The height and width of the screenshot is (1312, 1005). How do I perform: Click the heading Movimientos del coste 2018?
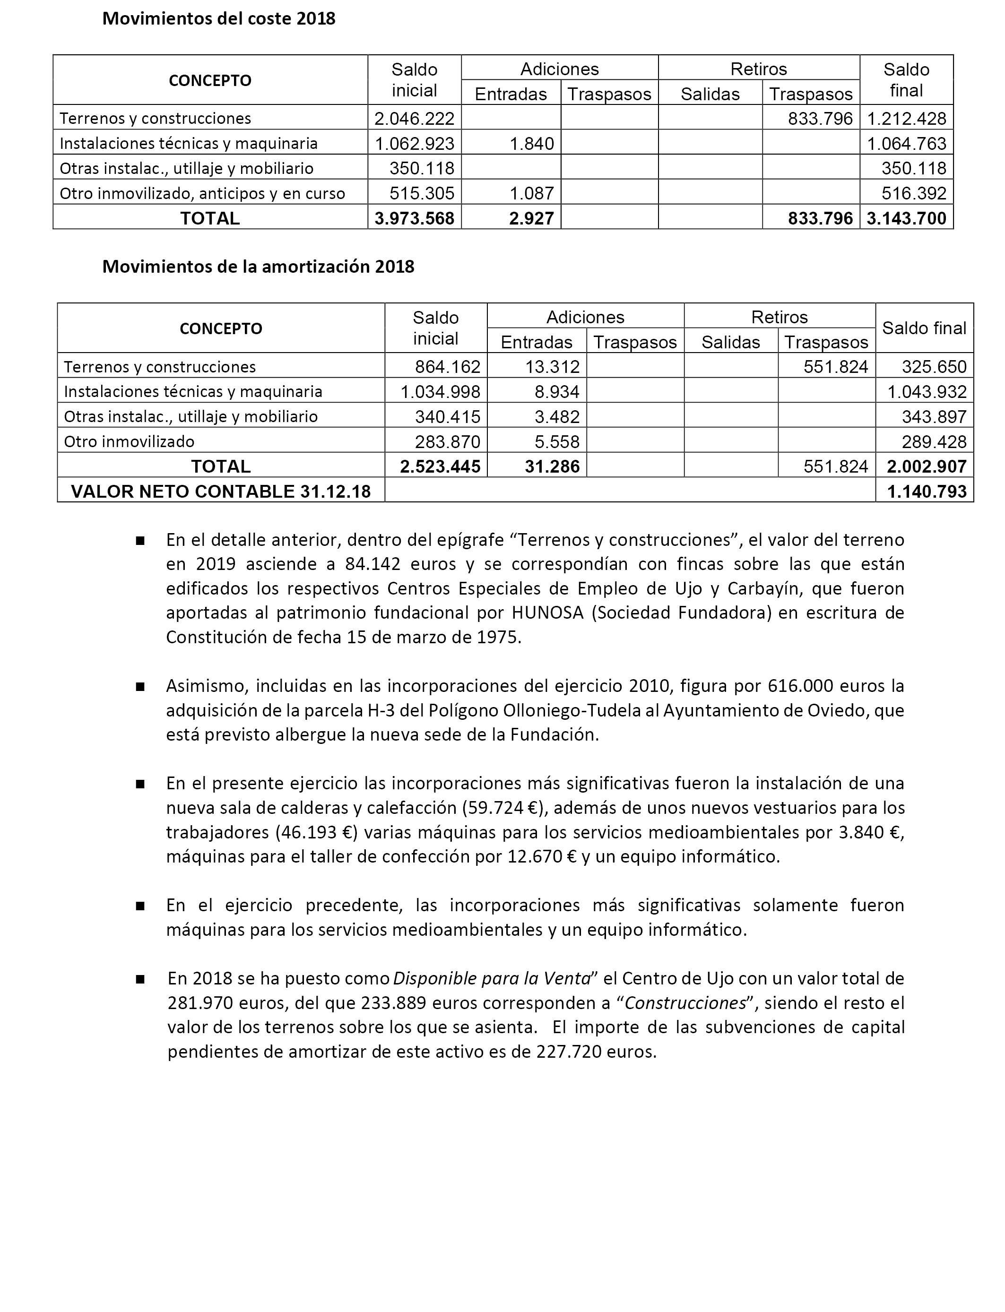pos(218,19)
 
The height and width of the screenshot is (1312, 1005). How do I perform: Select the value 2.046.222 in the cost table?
pos(414,119)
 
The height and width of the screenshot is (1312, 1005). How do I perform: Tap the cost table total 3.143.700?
pos(906,218)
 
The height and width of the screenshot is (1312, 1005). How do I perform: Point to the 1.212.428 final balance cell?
pos(906,119)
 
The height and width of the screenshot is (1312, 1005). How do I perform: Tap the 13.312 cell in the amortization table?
pos(552,367)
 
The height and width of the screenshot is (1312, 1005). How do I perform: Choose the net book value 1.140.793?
pos(926,492)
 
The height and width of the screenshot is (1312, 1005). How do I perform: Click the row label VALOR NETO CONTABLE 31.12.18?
pos(221,492)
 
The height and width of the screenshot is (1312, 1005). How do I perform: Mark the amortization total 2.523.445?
pos(440,466)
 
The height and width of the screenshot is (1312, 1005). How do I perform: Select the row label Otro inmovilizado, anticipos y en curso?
pos(202,194)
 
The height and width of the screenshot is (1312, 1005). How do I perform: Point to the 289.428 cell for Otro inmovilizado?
pos(934,442)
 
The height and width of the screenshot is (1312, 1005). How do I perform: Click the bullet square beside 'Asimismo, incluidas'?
pos(140,687)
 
